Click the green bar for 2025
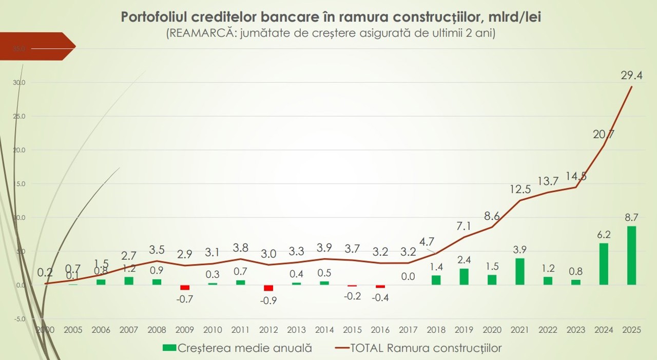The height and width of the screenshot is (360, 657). [x=631, y=256]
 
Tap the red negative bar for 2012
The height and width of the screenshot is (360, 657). [x=268, y=288]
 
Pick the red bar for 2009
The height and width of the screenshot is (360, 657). [x=185, y=288]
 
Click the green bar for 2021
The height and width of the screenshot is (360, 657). [x=520, y=272]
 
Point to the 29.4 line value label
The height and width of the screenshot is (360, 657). [x=631, y=75]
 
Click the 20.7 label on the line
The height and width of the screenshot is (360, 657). [x=604, y=135]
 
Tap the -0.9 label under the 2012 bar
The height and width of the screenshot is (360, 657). [x=268, y=301]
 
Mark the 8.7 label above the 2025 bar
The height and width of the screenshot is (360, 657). [x=631, y=217]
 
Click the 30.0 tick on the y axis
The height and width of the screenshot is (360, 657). [x=20, y=83]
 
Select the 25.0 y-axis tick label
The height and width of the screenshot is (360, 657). [x=20, y=117]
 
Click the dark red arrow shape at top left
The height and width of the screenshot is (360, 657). [x=36, y=47]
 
